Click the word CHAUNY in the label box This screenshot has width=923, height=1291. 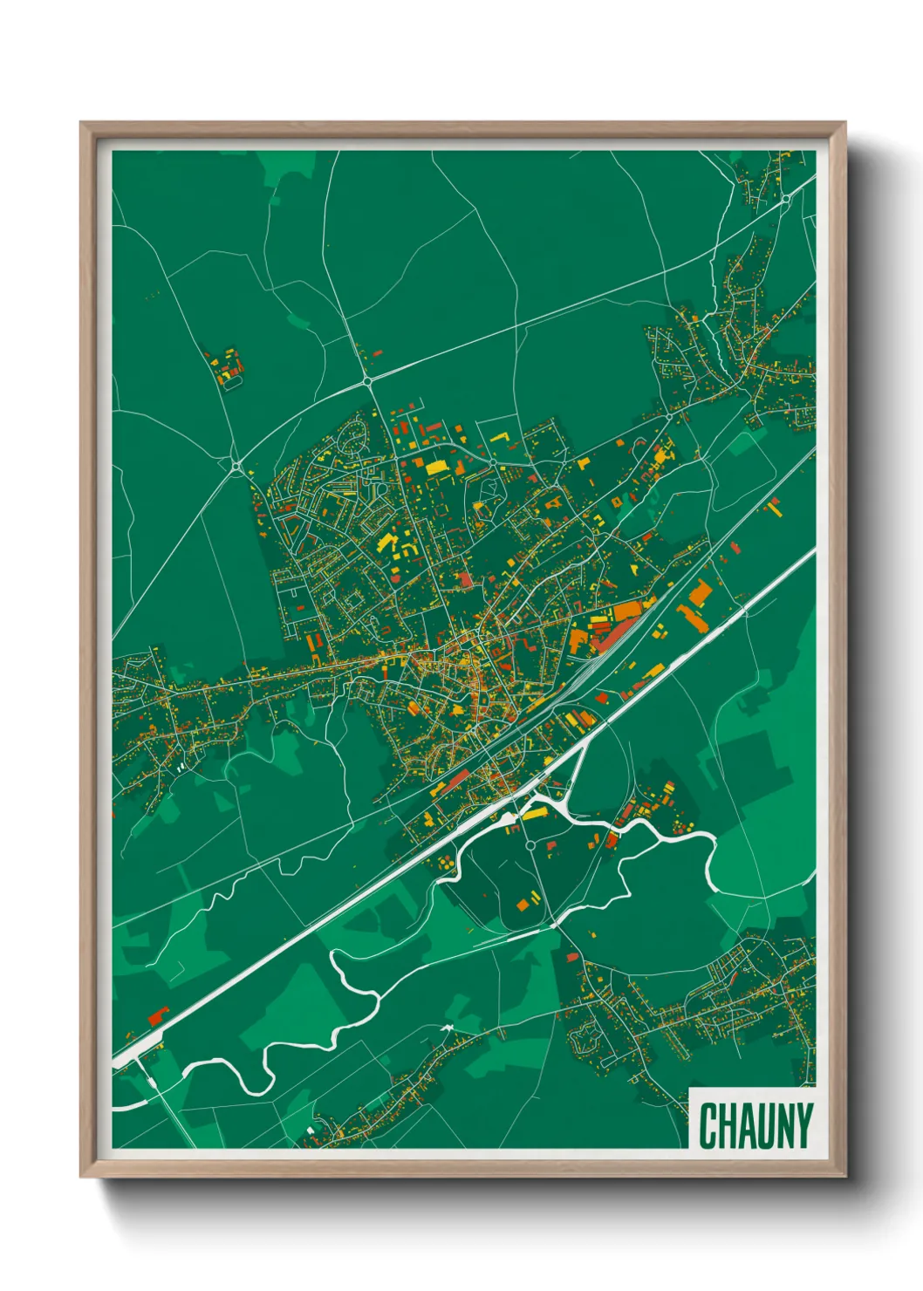755,1125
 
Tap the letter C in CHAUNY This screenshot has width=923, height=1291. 708,1125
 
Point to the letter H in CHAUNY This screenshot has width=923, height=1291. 728,1125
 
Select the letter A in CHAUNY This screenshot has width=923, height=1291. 747,1125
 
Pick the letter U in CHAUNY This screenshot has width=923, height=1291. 766,1125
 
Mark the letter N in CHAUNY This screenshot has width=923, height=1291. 785,1125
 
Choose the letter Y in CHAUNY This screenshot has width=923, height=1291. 803,1125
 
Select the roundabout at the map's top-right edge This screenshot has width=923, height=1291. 785,199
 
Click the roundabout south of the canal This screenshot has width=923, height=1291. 530,845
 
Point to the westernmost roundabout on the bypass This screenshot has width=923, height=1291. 236,466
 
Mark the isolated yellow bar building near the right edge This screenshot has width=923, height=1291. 773,503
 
